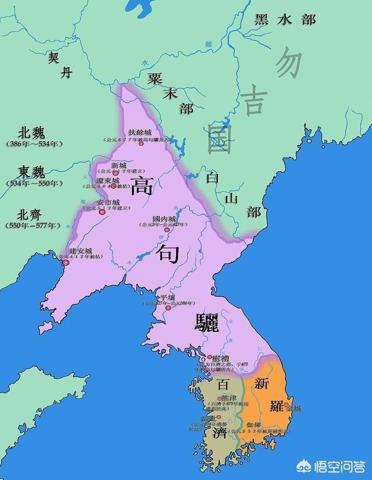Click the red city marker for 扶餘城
pyautogui.click(x=141, y=144)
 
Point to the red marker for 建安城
pyautogui.click(x=66, y=263)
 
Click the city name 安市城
pyautogui.click(x=108, y=203)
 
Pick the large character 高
pyautogui.click(x=142, y=187)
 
